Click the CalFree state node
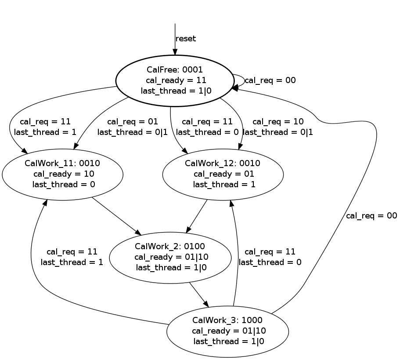(174, 80)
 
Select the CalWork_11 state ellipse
(62, 174)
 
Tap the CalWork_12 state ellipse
(223, 174)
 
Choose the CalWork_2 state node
(170, 257)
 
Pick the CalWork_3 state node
(227, 331)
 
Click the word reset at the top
(186, 39)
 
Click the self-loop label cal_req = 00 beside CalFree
(270, 80)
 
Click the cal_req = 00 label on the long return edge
(371, 216)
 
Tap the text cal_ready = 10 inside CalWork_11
(64, 174)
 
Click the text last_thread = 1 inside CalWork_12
(223, 184)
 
